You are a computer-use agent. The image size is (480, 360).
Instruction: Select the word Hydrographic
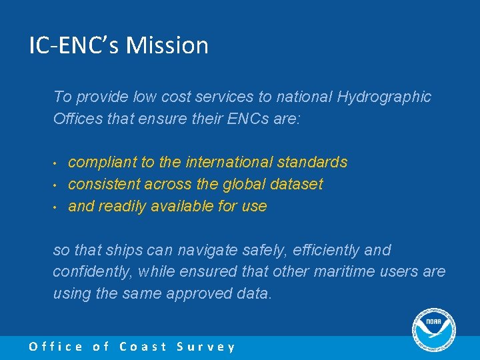(x=384, y=97)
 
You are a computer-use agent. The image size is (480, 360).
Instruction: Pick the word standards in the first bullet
(x=313, y=162)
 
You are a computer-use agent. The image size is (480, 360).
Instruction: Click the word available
(x=184, y=206)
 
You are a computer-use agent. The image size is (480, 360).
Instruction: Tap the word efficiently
(x=318, y=250)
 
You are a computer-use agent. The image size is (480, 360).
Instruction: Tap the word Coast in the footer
(x=143, y=347)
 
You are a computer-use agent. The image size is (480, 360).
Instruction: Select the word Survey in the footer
(x=206, y=347)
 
